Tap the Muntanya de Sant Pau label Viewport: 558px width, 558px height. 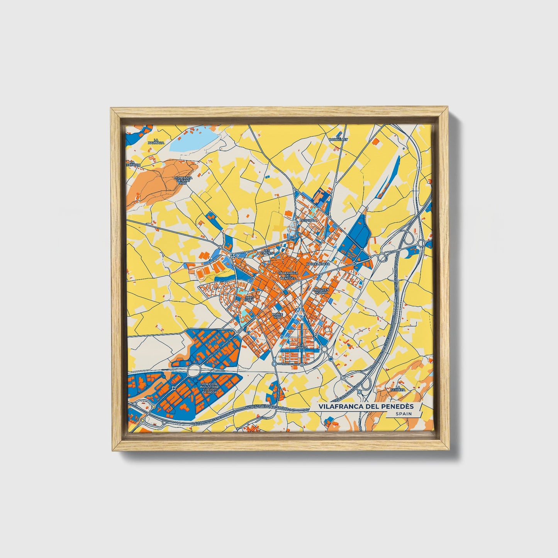click(x=182, y=180)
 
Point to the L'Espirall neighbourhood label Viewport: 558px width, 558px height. click(x=309, y=220)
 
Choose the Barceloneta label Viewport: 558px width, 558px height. click(x=318, y=263)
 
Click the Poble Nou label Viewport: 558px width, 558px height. click(x=277, y=315)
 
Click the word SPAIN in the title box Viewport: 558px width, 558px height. click(x=403, y=414)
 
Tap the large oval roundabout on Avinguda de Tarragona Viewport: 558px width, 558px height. click(x=194, y=371)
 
